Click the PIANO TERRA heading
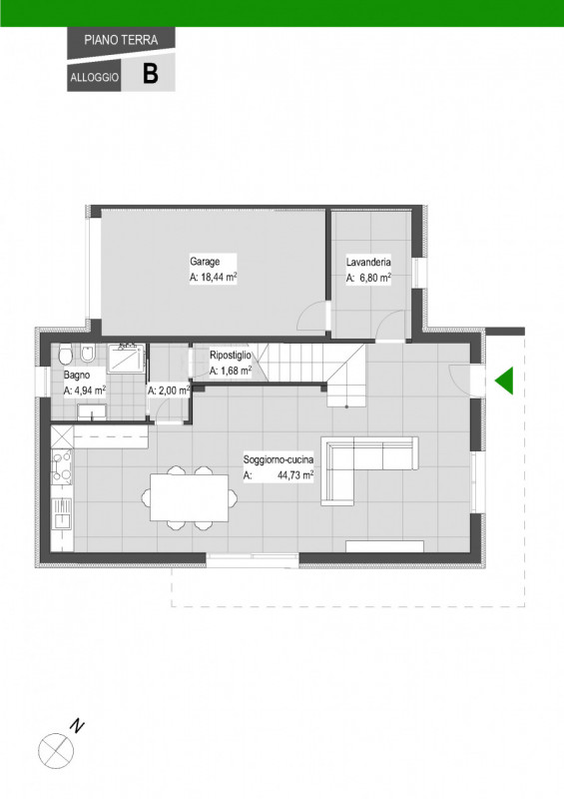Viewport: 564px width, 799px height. click(x=121, y=40)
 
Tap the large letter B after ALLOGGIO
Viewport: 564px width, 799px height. click(x=151, y=73)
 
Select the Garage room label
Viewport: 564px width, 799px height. click(x=205, y=262)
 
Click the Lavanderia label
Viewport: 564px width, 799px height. click(x=368, y=263)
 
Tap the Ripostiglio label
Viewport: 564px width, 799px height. click(x=231, y=356)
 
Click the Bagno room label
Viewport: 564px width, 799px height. click(x=77, y=376)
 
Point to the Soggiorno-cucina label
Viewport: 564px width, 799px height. click(x=279, y=459)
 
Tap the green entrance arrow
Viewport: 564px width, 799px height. click(x=504, y=381)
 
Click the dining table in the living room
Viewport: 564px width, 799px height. click(x=190, y=497)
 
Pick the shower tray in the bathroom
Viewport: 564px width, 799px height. click(x=127, y=360)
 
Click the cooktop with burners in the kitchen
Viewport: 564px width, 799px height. click(x=62, y=466)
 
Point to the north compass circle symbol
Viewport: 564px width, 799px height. click(x=56, y=751)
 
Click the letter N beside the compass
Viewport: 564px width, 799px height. click(x=77, y=726)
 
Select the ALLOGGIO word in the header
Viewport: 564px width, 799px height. click(x=95, y=78)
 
